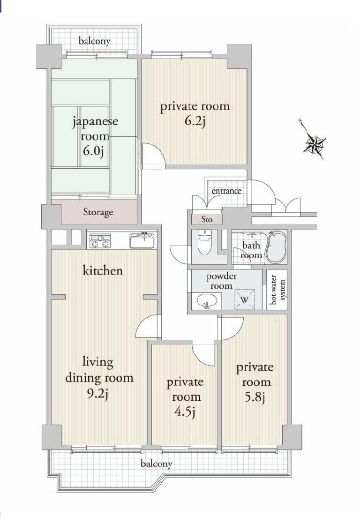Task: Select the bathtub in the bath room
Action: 275,248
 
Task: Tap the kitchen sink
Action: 142,241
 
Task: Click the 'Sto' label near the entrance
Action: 207,219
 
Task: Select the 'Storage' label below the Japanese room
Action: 98,212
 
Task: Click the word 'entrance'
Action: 226,191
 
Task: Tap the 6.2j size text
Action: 195,122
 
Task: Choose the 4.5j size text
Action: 184,412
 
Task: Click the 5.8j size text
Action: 254,398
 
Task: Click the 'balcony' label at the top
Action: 95,41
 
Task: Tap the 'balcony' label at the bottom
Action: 157,464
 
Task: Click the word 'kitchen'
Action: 103,270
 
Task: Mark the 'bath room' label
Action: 251,250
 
